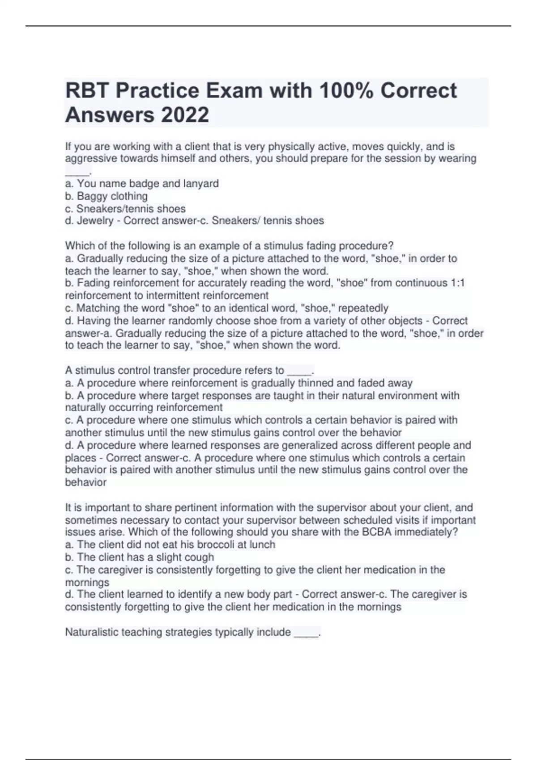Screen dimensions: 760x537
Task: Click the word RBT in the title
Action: pyautogui.click(x=88, y=91)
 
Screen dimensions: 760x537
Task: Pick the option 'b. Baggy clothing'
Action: pyautogui.click(x=107, y=196)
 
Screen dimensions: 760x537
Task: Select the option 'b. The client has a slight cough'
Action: pyautogui.click(x=140, y=557)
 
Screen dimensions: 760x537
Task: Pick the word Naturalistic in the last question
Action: pyautogui.click(x=92, y=632)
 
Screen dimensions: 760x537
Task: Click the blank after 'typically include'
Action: pyautogui.click(x=306, y=633)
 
